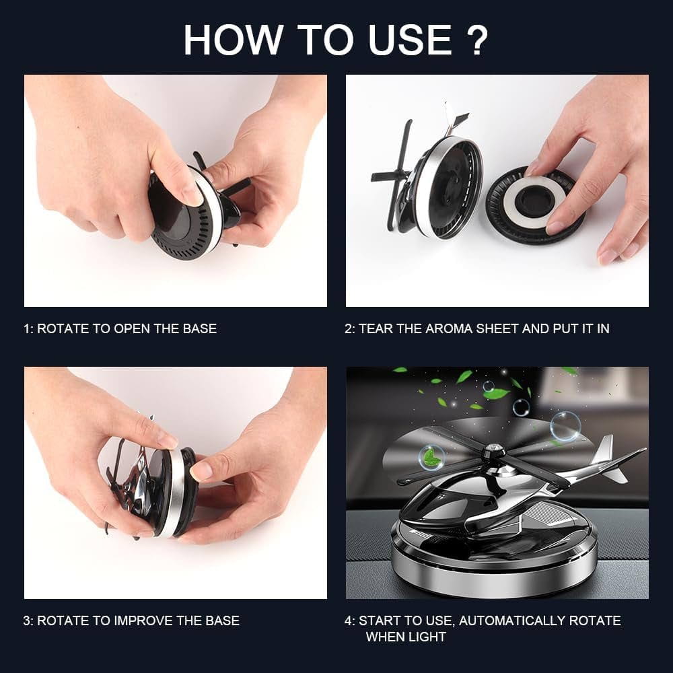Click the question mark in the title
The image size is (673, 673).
477,40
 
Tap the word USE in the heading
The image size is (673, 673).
410,40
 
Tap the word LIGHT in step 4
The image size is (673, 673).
427,637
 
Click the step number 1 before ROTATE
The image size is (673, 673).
27,329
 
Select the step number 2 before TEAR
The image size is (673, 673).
349,329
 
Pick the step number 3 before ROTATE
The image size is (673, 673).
28,621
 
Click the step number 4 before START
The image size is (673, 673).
349,621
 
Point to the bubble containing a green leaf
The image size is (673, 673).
432,457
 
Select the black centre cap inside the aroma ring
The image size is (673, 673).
532,201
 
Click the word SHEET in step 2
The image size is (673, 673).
497,329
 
